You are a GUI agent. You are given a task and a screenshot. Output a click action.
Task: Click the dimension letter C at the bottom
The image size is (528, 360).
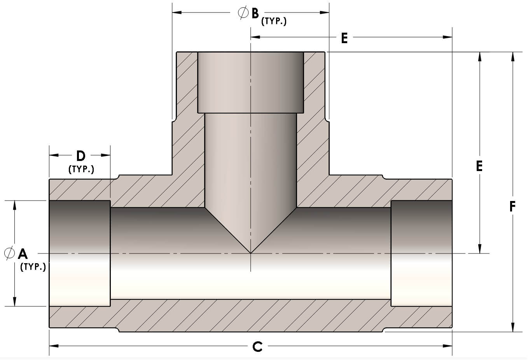click(257, 346)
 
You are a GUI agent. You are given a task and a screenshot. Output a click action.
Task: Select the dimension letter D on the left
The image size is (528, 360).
click(80, 156)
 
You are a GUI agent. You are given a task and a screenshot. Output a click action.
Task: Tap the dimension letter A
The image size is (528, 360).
click(23, 254)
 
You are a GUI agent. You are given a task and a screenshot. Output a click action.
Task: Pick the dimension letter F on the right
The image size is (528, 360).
click(512, 206)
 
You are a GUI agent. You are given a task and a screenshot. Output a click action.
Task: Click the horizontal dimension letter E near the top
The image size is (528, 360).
click(344, 38)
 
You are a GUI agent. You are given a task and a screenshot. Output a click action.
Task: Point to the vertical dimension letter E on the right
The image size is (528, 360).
click(479, 166)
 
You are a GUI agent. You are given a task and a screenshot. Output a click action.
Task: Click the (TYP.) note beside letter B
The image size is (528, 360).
click(274, 21)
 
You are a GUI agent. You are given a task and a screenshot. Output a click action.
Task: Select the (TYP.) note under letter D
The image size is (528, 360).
click(81, 170)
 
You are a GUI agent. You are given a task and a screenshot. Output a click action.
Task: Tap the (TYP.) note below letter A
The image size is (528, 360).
click(33, 267)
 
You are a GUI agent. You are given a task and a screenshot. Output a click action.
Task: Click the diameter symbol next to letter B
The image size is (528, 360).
click(243, 13)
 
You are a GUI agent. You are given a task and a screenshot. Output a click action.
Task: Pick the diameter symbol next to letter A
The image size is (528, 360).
click(9, 253)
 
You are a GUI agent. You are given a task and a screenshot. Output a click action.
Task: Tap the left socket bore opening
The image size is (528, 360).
click(80, 253)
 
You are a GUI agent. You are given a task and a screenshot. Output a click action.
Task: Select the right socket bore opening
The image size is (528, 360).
click(421, 253)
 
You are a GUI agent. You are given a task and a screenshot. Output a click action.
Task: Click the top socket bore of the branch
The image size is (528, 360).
click(251, 82)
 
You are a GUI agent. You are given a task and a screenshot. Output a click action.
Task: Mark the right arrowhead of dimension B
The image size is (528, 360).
click(324, 13)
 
